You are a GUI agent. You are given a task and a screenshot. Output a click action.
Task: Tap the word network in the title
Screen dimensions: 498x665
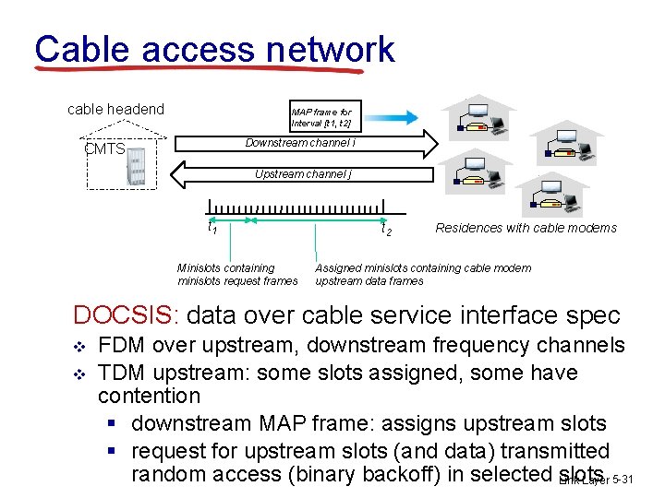331,49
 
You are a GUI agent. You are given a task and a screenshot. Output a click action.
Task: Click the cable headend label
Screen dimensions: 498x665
115,110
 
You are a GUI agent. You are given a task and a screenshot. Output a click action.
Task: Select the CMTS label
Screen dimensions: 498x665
103,148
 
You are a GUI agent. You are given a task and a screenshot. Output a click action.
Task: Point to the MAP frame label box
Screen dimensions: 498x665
320,117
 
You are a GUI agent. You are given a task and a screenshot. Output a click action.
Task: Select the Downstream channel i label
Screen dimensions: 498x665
300,143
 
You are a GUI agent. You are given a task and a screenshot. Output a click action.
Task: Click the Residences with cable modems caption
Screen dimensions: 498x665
526,228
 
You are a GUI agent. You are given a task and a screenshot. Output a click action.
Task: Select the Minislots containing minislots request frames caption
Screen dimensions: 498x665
237,274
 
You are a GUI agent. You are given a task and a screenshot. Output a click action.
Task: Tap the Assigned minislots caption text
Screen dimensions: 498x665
423,274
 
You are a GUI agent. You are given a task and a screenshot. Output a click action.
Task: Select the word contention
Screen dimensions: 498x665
149,396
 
